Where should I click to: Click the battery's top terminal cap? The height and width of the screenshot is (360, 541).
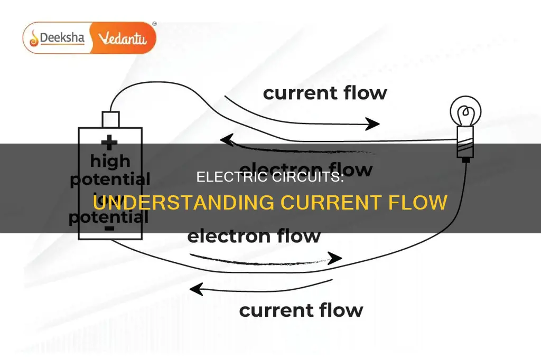(x=111, y=119)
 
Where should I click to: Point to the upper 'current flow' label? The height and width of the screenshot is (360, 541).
(x=325, y=93)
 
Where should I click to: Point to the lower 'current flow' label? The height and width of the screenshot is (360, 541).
(x=301, y=309)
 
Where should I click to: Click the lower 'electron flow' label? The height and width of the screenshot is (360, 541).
(x=254, y=235)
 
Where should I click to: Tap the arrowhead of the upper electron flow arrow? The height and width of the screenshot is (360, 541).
(x=227, y=139)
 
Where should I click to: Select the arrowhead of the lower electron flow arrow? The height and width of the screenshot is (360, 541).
(x=335, y=259)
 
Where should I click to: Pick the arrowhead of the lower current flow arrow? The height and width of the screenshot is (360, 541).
(x=197, y=289)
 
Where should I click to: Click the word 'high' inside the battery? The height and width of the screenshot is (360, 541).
(x=109, y=160)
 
